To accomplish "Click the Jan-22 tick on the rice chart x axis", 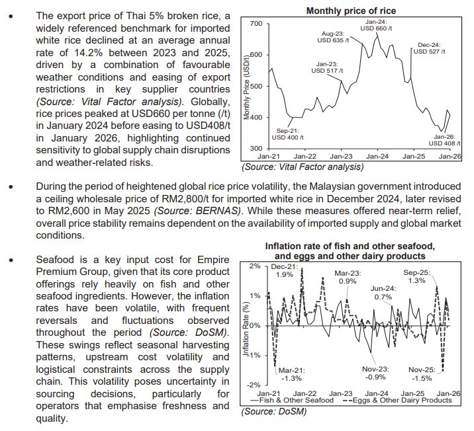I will (x=305, y=156).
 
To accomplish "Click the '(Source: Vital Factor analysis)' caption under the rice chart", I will (x=299, y=167).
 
